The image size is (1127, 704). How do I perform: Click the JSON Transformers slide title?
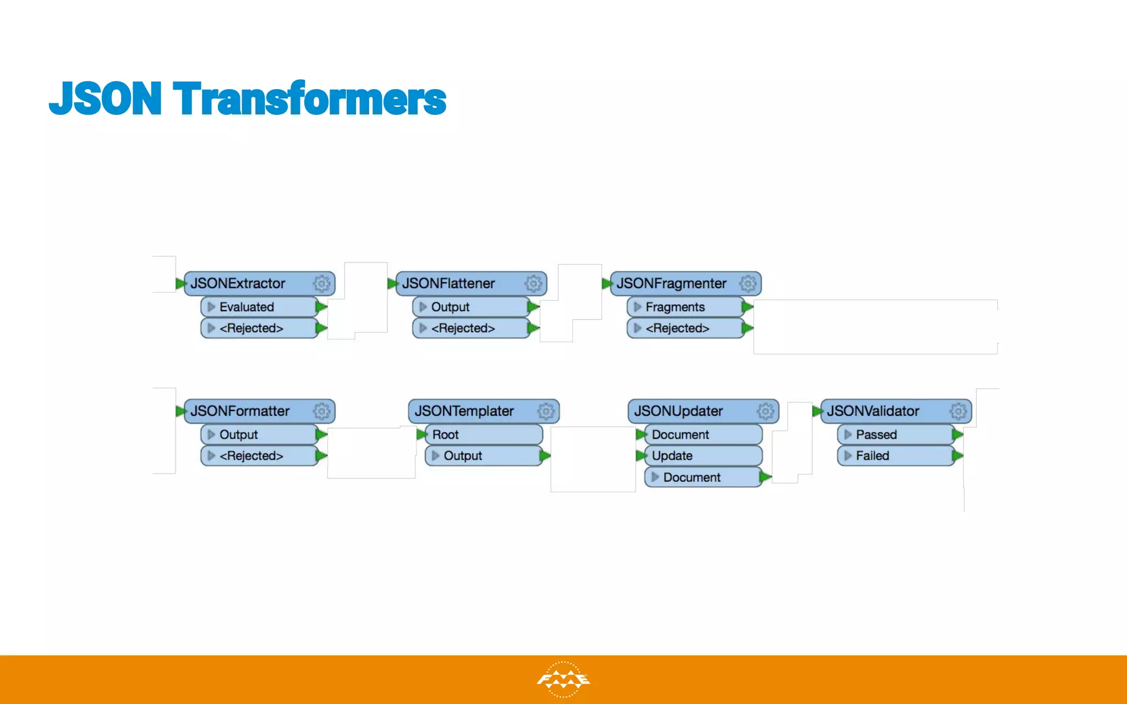point(248,99)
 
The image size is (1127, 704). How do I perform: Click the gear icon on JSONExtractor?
point(322,283)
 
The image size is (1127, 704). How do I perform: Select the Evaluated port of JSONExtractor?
point(259,307)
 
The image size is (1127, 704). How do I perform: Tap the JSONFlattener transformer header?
point(448,283)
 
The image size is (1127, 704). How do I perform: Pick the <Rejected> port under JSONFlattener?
point(471,328)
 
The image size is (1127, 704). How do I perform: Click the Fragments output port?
point(685,307)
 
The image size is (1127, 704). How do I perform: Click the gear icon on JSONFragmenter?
point(748,283)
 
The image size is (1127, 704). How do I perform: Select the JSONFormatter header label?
point(240,411)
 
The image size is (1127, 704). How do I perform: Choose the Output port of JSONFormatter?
point(259,435)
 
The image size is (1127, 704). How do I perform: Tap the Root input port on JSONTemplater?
point(482,435)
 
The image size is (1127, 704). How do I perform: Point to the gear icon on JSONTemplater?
point(546,411)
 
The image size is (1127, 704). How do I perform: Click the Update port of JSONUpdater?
point(702,455)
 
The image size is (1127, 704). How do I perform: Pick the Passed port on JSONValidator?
point(894,435)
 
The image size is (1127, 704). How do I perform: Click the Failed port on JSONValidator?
point(894,455)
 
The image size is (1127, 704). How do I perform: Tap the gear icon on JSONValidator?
point(958,411)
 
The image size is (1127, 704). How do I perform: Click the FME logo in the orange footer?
point(563,680)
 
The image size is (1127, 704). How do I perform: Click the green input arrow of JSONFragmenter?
point(607,284)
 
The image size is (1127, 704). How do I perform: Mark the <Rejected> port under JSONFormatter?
point(259,455)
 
